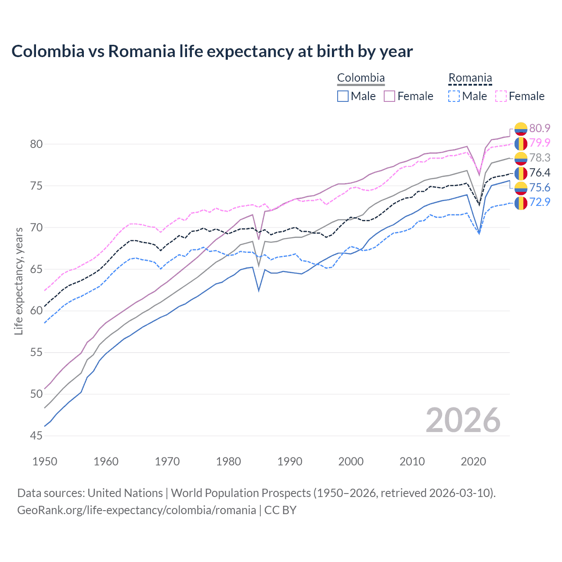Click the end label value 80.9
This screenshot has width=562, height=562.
click(x=540, y=128)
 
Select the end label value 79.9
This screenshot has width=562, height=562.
click(x=540, y=143)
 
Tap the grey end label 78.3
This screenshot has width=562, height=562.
click(x=540, y=158)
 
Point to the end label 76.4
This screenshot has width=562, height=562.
click(x=540, y=173)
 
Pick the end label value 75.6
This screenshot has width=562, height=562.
click(x=540, y=187)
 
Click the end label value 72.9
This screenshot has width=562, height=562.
click(x=540, y=202)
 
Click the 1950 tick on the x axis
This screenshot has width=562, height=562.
click(x=45, y=461)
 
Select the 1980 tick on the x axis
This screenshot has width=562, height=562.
click(x=228, y=461)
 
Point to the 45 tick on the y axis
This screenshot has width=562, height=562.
click(x=36, y=436)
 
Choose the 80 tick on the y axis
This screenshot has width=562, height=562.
click(x=36, y=144)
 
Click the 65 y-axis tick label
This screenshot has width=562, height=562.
click(x=36, y=269)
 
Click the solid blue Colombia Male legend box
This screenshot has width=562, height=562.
click(x=343, y=96)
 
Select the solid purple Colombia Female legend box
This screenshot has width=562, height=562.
click(x=389, y=96)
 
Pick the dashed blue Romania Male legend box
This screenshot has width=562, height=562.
click(x=454, y=96)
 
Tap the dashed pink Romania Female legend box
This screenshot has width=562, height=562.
click(x=501, y=96)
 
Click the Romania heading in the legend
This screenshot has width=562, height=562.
click(x=470, y=78)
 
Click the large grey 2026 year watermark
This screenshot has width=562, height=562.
click(x=463, y=420)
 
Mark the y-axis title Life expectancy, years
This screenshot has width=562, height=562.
click(x=19, y=281)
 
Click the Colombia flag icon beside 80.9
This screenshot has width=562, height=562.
click(x=521, y=129)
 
